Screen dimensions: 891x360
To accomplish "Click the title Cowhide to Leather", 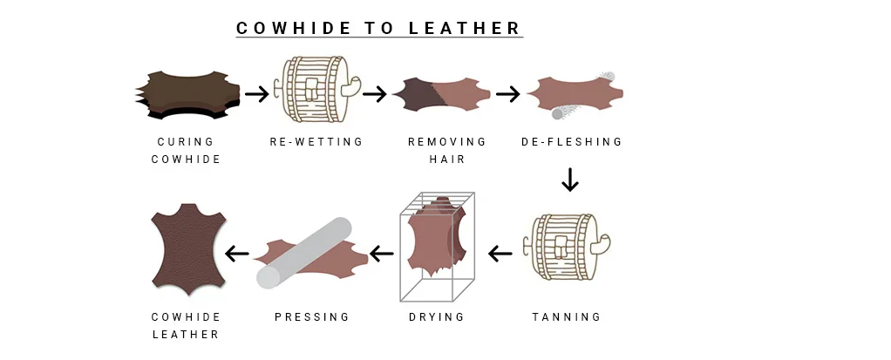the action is pyautogui.click(x=378, y=28).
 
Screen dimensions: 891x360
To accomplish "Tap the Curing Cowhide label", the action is pyautogui.click(x=186, y=151).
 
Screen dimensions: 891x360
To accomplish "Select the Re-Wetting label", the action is pyautogui.click(x=316, y=141).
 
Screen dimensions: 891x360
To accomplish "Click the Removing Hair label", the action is pyautogui.click(x=447, y=151).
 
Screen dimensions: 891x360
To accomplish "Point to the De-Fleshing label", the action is pyautogui.click(x=572, y=141).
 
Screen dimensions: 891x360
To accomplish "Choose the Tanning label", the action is pyautogui.click(x=567, y=316).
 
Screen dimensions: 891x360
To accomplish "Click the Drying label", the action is pyautogui.click(x=437, y=316).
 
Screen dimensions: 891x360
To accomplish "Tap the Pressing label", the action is pyautogui.click(x=312, y=316).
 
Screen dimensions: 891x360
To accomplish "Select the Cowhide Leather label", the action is pyautogui.click(x=186, y=326).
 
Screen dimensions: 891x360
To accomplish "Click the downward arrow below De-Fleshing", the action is pyautogui.click(x=570, y=180).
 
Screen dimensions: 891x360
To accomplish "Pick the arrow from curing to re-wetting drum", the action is pyautogui.click(x=257, y=93).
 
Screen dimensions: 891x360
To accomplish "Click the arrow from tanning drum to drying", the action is pyautogui.click(x=500, y=254).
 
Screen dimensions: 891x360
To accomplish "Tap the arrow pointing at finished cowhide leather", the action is pyautogui.click(x=237, y=254).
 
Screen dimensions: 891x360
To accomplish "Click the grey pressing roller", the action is pyautogui.click(x=304, y=254).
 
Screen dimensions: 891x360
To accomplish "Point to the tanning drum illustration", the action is pyautogui.click(x=570, y=247).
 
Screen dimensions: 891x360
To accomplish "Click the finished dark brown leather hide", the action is pyautogui.click(x=189, y=248).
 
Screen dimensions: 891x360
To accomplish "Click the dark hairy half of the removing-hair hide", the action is pyautogui.click(x=415, y=93).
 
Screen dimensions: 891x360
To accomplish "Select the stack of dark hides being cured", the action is pyautogui.click(x=187, y=95).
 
